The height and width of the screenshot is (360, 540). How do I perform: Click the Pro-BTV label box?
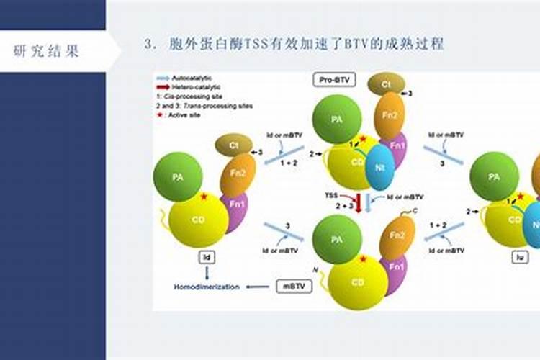click(x=335, y=79)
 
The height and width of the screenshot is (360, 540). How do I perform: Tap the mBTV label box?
click(x=294, y=286)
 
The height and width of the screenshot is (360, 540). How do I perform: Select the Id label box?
click(x=207, y=256)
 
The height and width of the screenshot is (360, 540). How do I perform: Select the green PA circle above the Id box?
click(x=177, y=175)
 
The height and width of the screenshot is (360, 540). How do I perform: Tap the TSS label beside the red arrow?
click(x=331, y=195)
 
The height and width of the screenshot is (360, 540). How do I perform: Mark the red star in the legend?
click(x=159, y=114)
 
